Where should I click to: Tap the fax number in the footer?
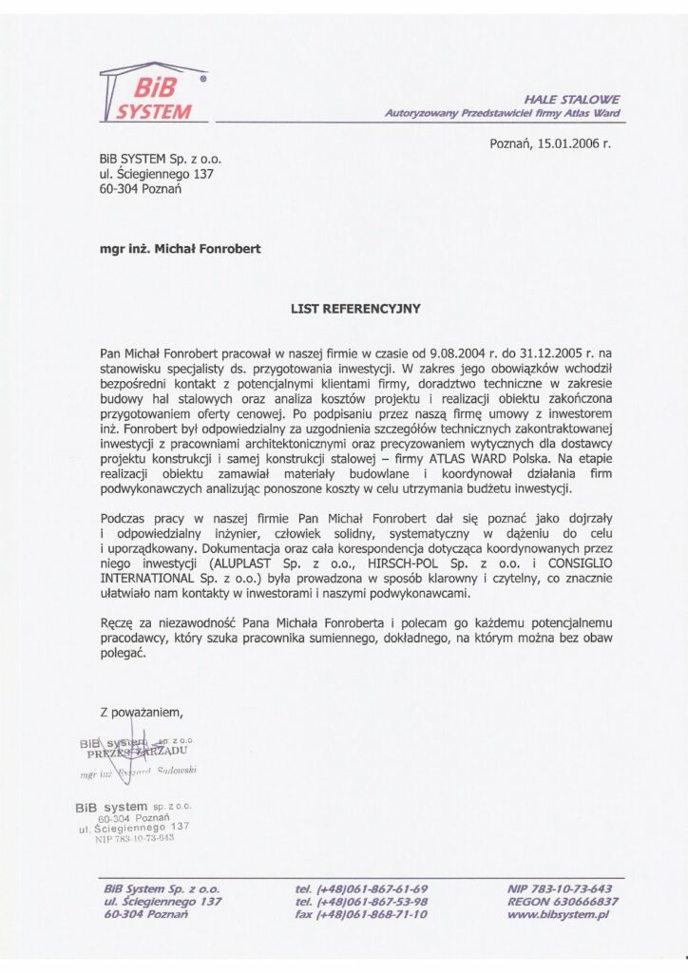tap(362, 914)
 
